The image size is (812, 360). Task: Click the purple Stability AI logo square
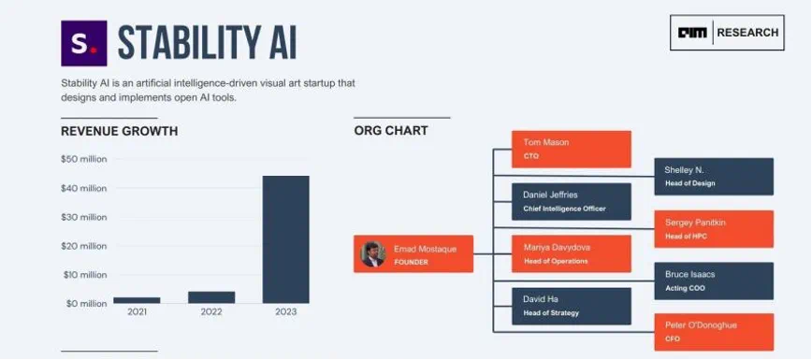coord(84,44)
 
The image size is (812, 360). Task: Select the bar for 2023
coord(286,239)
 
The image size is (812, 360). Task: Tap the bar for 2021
coord(137,300)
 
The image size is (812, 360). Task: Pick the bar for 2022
coord(211,297)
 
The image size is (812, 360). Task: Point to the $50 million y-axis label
coord(84,159)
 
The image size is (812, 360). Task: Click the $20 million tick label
coord(84,246)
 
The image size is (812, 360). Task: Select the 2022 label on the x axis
coord(211,311)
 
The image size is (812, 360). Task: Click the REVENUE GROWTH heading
coord(120,132)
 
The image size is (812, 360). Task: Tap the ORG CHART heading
coord(391,131)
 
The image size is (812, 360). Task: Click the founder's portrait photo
coord(373,253)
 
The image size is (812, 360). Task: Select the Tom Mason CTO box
coord(572,150)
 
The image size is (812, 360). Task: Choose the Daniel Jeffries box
coord(572,201)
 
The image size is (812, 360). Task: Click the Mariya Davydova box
coord(572,253)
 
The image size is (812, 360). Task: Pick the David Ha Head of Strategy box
coord(572,306)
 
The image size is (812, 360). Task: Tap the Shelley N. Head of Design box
coord(714,177)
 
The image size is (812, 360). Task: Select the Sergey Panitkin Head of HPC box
coord(714,229)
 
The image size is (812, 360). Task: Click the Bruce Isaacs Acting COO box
coord(714,281)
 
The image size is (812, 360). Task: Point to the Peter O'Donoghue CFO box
coord(714,332)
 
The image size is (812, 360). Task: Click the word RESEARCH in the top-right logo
coord(747,33)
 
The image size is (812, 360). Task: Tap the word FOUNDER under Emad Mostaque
coord(412,262)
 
